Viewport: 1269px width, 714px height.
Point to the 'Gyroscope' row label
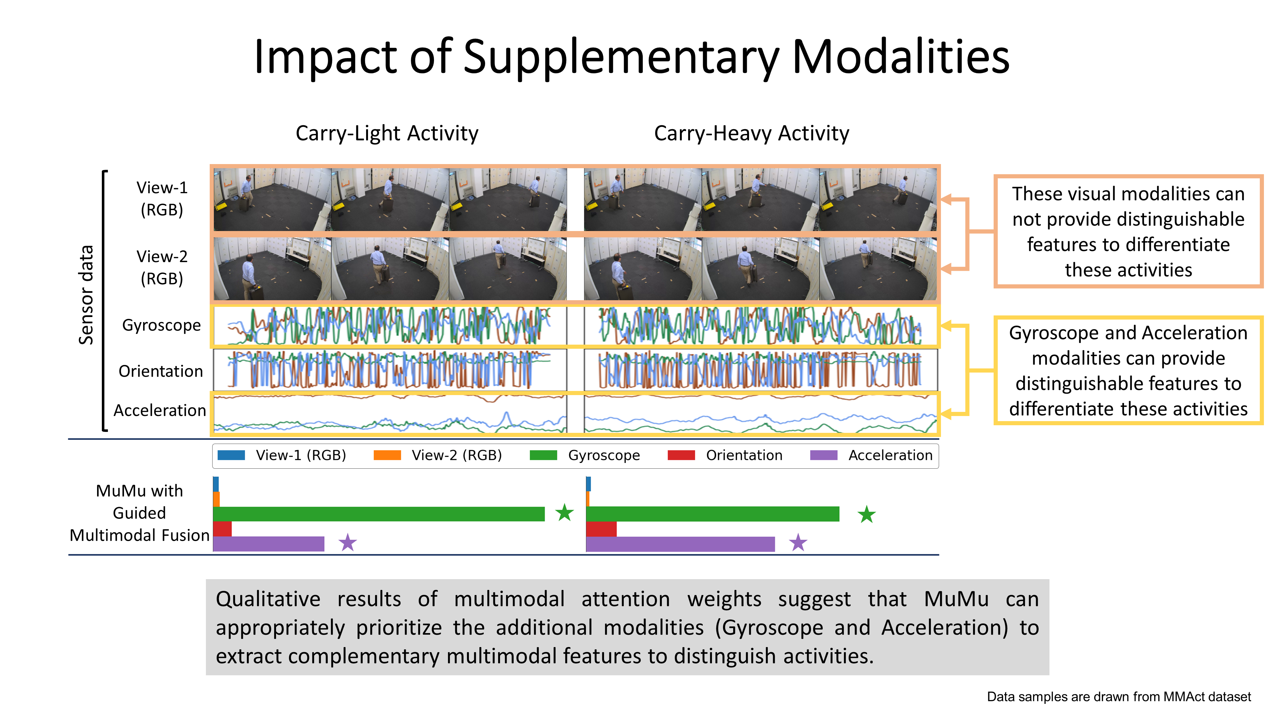click(161, 325)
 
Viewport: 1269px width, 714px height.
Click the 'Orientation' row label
click(161, 371)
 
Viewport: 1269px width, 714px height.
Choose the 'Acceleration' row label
click(160, 410)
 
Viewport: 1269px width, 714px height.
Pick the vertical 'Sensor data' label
click(86, 295)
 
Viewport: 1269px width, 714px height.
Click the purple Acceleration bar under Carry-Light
click(268, 544)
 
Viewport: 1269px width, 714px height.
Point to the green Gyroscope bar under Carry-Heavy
click(712, 514)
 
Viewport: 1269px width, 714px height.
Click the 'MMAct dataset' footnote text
click(1207, 697)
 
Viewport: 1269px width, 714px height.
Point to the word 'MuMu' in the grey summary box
click(956, 599)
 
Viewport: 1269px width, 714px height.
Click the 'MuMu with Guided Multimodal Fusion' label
click(139, 513)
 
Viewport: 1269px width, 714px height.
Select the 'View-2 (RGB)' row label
click(162, 268)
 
